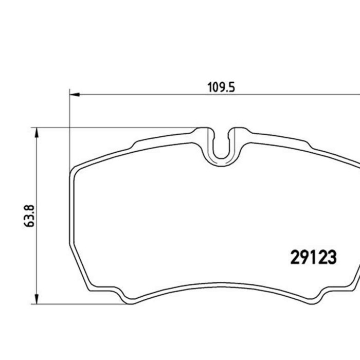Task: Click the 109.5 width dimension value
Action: [221, 87]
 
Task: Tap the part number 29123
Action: [313, 257]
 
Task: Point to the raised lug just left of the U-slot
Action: [204, 132]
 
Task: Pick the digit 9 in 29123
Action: [303, 257]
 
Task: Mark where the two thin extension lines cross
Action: [69, 128]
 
